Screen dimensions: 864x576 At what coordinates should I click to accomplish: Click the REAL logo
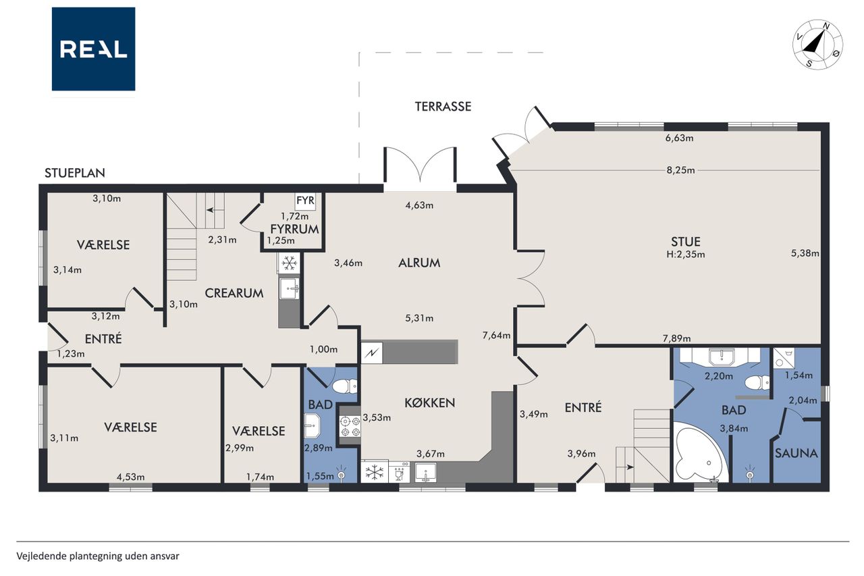coord(93,49)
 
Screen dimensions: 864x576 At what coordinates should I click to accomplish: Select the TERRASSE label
coord(443,107)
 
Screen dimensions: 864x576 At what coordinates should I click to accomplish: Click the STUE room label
coord(685,242)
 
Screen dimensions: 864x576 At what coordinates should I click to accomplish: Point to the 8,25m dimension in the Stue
coord(680,170)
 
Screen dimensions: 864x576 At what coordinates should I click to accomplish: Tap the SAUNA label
coord(796,453)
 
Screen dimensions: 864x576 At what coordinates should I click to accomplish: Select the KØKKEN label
coord(430,403)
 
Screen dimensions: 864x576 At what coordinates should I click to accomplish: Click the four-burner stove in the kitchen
coord(350,426)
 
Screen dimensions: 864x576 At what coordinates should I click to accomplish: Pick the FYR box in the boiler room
coord(306,201)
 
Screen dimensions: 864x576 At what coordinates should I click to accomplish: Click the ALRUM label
coord(419,263)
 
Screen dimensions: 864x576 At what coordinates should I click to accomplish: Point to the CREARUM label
coord(234,293)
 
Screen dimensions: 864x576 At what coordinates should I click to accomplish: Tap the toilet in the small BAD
coord(344,386)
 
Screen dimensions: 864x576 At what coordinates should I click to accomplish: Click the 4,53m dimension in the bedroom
coord(131,477)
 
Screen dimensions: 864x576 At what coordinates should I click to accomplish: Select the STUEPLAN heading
coord(75,173)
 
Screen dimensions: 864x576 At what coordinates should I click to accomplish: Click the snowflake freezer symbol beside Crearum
coord(289,263)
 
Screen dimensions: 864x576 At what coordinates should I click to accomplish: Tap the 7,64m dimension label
coord(496,335)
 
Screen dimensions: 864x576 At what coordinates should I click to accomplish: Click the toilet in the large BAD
coord(757,383)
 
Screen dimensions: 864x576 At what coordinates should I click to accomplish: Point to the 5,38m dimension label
coord(805,253)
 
